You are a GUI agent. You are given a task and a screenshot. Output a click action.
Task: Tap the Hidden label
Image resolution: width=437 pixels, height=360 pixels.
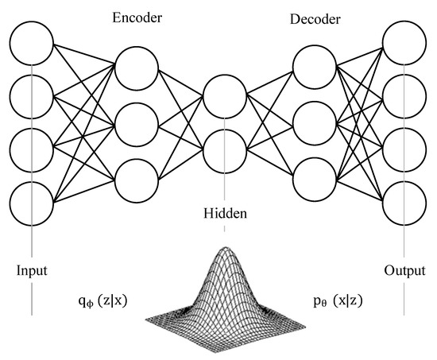point(226,214)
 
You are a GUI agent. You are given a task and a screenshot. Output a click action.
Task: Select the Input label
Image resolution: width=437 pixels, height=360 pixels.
point(32,269)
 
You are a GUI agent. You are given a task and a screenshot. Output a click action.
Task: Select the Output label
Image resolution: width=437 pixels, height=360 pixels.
point(404,269)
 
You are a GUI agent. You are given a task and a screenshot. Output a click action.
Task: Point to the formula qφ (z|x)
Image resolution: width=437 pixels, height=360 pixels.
point(104,303)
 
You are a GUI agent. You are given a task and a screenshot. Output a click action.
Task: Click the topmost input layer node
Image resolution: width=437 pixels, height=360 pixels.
point(32,41)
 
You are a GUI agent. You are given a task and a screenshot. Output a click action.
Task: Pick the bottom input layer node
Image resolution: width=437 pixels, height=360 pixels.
point(32,203)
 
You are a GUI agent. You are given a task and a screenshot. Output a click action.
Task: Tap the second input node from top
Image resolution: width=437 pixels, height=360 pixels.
point(32,95)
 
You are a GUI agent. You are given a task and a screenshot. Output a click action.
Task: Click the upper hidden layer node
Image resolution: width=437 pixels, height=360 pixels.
point(226,95)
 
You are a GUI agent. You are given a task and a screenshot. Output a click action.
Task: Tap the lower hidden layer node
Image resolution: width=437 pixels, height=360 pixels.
point(226,149)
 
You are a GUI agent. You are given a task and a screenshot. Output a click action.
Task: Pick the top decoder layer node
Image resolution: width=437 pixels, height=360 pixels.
point(313,68)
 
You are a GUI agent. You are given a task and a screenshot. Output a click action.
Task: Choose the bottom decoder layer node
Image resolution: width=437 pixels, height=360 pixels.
point(313,176)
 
